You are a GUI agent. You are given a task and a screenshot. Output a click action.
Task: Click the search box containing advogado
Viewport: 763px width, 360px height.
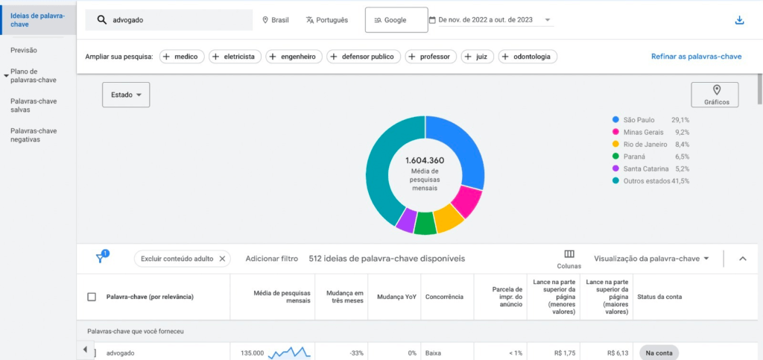[x=169, y=20]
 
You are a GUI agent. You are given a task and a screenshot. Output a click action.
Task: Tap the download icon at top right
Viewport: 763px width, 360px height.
[x=739, y=20]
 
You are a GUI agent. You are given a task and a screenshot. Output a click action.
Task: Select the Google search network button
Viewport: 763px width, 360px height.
[x=396, y=20]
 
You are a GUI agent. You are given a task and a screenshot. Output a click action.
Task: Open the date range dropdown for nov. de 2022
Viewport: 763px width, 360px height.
[x=491, y=20]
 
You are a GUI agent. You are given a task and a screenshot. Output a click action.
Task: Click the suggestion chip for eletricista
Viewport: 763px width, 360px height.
[x=235, y=57]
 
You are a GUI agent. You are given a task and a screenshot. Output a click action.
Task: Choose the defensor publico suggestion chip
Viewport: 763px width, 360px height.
[x=364, y=57]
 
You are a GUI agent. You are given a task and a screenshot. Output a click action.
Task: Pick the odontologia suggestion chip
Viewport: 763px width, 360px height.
[x=528, y=57]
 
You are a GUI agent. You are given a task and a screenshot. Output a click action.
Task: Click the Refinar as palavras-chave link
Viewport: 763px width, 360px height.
[x=697, y=57]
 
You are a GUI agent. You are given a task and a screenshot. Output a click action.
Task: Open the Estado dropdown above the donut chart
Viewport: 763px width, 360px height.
[x=126, y=95]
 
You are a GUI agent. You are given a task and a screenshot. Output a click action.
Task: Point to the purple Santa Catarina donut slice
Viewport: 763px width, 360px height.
[x=405, y=221]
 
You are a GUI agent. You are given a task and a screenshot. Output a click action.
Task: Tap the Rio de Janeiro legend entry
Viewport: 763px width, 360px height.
[x=650, y=145]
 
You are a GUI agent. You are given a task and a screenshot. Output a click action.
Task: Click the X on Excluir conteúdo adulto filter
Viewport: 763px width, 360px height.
[x=222, y=259]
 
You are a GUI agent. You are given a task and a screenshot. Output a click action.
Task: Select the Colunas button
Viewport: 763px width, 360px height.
[x=569, y=259]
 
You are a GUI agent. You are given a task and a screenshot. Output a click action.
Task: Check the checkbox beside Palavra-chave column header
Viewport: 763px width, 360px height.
[x=92, y=297]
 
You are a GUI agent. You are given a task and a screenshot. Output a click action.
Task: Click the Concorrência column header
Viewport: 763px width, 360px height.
[x=444, y=297]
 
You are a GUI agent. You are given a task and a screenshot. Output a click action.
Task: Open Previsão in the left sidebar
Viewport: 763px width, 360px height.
[x=24, y=50]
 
